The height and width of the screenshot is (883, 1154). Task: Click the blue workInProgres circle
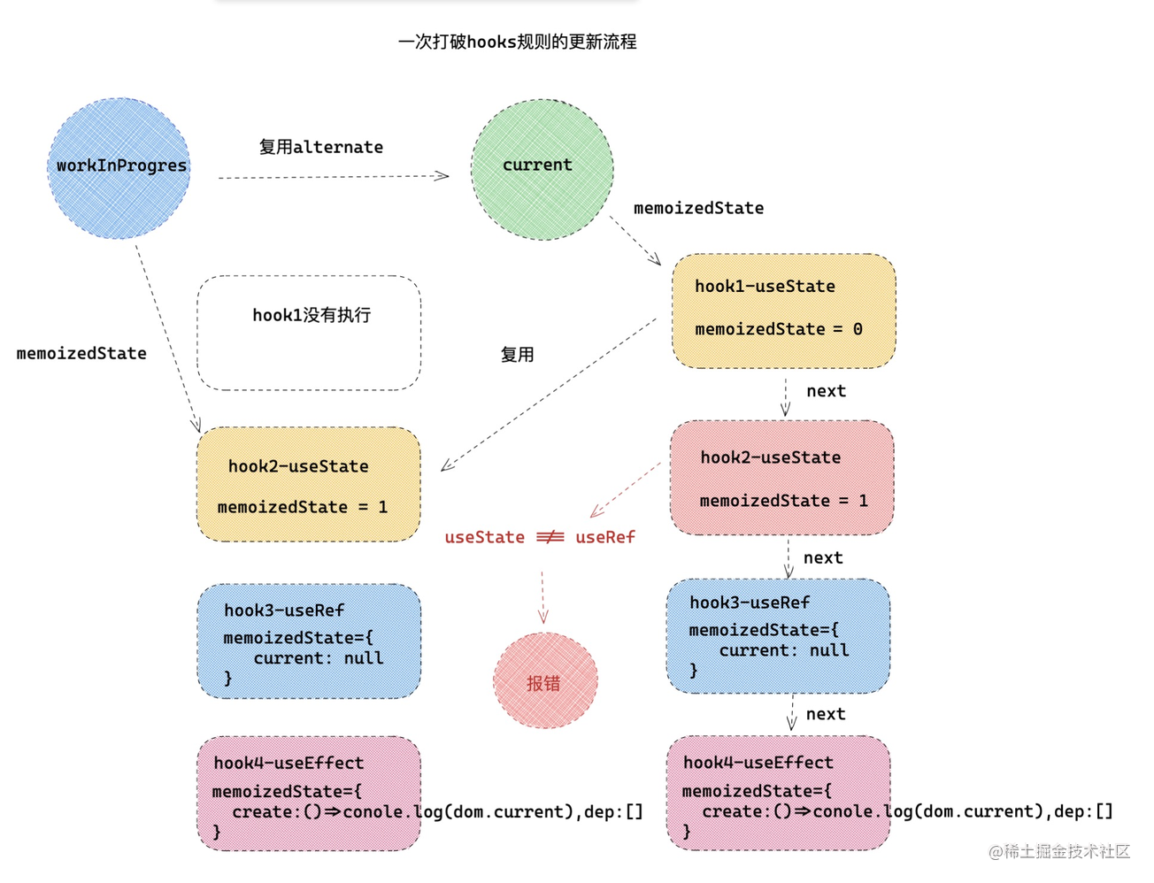[x=119, y=167]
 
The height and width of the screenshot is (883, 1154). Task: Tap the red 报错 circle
[x=544, y=681]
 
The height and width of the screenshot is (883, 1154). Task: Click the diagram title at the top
[x=517, y=42]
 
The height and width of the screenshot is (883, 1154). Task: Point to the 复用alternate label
[x=320, y=147]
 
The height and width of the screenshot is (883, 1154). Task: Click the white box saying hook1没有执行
[x=309, y=332]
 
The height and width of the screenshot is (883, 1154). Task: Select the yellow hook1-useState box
[x=783, y=310]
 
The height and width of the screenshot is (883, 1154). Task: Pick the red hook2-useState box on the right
[x=782, y=478]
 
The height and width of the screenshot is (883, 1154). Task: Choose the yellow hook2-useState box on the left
[x=308, y=485]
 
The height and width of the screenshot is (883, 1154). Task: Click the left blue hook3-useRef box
[x=308, y=641]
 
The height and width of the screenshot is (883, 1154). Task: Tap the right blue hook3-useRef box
[x=778, y=635]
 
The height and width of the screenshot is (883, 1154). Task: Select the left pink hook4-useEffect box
[x=308, y=794]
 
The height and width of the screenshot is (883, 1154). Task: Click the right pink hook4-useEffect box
[x=778, y=793]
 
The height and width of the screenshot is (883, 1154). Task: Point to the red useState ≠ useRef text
[x=539, y=537]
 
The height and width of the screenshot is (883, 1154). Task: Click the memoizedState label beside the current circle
[x=698, y=208]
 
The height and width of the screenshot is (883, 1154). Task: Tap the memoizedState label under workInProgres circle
[x=81, y=353]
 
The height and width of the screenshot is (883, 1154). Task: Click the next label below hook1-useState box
[x=826, y=391]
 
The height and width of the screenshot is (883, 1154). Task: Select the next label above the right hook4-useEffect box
[x=825, y=714]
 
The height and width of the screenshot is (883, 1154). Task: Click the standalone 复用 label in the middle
[x=517, y=355]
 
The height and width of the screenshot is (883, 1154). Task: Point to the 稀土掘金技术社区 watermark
[x=1059, y=851]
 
